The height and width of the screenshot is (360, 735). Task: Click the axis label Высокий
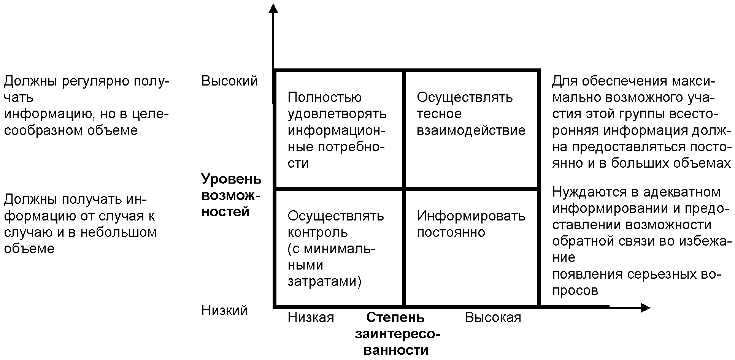coord(229,81)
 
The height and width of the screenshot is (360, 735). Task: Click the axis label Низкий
coord(224,311)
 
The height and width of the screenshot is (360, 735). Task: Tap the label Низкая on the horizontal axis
coord(311,317)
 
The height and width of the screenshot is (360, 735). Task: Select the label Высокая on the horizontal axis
coord(493,317)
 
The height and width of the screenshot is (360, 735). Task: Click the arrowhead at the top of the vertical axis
coord(273,8)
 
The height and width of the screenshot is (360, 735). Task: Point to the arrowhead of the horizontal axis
coord(645,308)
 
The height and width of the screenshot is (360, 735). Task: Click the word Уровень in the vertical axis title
coord(231,179)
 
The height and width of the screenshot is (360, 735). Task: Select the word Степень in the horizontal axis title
coord(395,317)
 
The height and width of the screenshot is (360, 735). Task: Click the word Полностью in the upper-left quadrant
coord(324,97)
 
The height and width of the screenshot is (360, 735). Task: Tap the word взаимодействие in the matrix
coord(471,130)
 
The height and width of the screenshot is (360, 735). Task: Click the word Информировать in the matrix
coord(471,216)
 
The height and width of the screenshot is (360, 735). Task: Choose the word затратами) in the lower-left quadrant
coord(324,281)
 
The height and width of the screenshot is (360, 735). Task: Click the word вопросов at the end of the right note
coord(575,290)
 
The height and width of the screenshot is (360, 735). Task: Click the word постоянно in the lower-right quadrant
coord(451,232)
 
